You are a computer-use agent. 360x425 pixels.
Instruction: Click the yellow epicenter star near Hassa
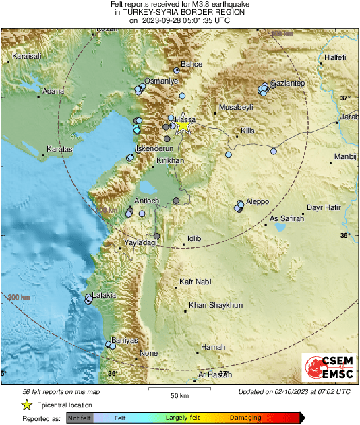point(183,125)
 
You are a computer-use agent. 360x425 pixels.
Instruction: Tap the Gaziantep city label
point(288,83)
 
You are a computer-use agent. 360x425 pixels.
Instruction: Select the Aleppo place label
point(257,201)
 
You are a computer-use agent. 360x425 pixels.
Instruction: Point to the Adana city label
point(53,91)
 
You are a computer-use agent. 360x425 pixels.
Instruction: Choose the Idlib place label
point(194,238)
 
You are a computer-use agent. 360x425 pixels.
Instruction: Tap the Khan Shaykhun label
point(215,305)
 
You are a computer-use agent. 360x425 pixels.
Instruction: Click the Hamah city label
point(213,347)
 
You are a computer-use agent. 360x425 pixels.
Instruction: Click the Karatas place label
point(59,148)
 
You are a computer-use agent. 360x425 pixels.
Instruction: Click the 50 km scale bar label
point(179,396)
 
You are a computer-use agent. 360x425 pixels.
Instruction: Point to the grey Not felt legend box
point(80,418)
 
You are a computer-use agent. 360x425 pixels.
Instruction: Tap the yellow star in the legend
point(26,405)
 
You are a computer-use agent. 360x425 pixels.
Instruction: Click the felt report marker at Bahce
point(177,70)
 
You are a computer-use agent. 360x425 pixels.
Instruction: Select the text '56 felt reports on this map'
point(61,391)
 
